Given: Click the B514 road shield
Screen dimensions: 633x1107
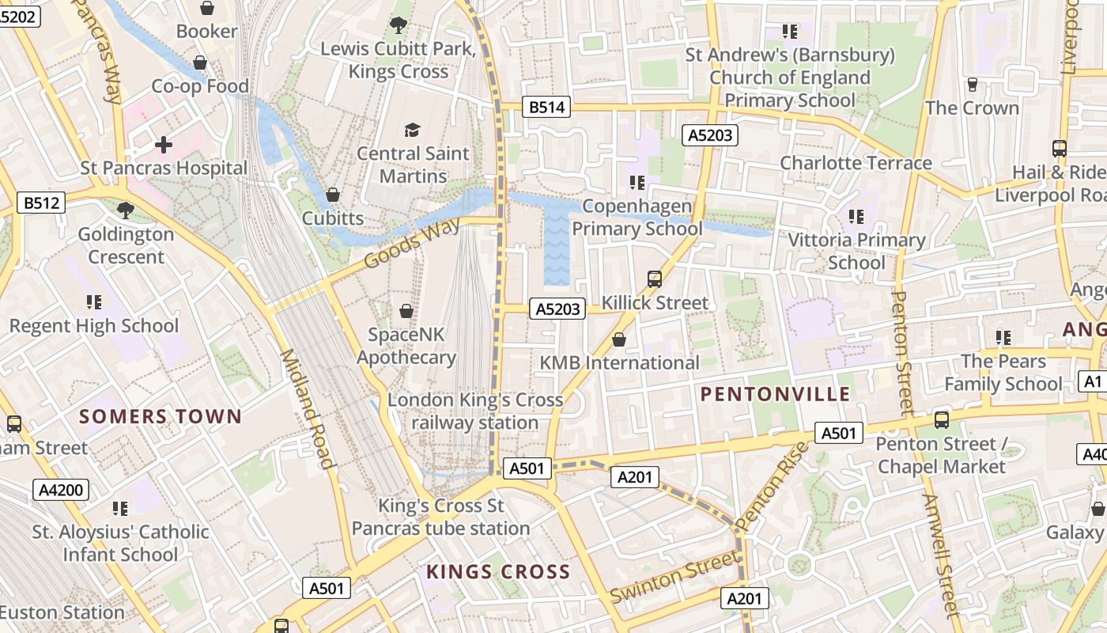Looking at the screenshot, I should (546, 108).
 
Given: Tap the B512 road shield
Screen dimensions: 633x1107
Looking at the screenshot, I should (41, 203).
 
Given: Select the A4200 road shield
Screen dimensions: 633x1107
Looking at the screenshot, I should (61, 490).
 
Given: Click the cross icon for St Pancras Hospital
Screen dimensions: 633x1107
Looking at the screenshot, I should (164, 145).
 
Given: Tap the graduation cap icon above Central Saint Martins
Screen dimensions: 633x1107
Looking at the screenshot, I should (412, 130).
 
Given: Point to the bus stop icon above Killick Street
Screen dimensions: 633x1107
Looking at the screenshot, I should (655, 279).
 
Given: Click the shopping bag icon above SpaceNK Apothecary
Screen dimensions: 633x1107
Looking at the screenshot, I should (406, 311).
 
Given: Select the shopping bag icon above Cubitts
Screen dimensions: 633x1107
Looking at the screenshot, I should (333, 195).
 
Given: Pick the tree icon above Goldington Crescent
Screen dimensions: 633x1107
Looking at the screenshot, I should (125, 210).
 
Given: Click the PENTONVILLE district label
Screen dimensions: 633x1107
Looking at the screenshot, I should (775, 394).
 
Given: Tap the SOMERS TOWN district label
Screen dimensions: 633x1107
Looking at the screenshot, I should (161, 416).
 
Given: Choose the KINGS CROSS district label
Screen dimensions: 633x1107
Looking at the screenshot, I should (498, 571).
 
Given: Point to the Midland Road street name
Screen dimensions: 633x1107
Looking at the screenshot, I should (305, 408).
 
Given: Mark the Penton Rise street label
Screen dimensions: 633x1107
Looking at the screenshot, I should (773, 486).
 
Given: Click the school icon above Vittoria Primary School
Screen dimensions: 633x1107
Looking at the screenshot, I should (856, 216).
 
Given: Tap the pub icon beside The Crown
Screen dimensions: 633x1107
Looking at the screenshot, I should (973, 84).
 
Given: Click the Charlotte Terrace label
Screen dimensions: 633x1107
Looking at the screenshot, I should (856, 163).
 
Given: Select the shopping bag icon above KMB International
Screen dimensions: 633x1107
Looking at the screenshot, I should (619, 339).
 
